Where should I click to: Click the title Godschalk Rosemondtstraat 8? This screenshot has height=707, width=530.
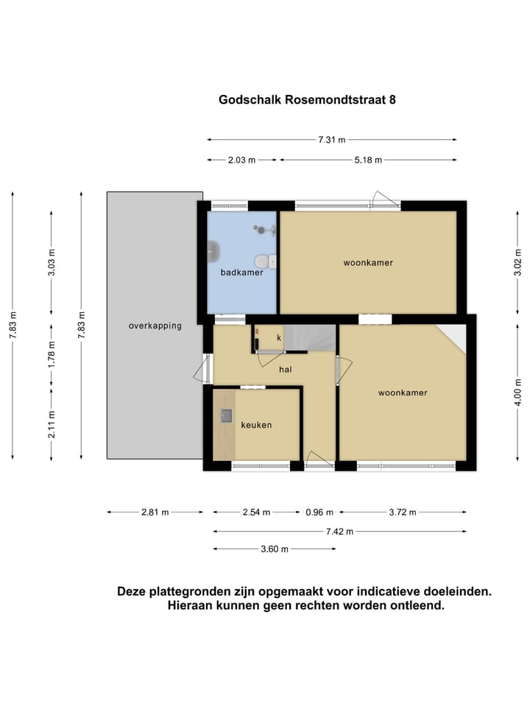(x=307, y=100)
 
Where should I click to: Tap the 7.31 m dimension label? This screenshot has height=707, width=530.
(x=331, y=139)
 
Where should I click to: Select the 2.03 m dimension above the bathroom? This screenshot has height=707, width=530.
(x=241, y=160)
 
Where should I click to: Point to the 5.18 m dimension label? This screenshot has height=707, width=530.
(x=368, y=160)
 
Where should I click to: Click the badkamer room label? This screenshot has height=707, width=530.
(x=241, y=272)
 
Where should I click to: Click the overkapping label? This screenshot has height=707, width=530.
(x=155, y=326)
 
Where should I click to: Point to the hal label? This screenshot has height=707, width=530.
(x=286, y=370)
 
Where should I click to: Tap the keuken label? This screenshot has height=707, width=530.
(x=256, y=425)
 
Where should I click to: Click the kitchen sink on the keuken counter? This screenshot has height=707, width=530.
(x=225, y=416)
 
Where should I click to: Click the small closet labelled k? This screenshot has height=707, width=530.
(x=279, y=337)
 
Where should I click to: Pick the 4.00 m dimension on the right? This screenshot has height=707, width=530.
(x=517, y=391)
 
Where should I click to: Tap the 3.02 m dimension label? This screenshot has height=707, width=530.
(x=517, y=262)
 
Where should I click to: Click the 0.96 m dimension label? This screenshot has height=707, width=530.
(x=319, y=513)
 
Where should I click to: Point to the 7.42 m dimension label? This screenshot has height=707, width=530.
(x=339, y=531)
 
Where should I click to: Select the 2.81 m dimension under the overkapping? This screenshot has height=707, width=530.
(x=155, y=513)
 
